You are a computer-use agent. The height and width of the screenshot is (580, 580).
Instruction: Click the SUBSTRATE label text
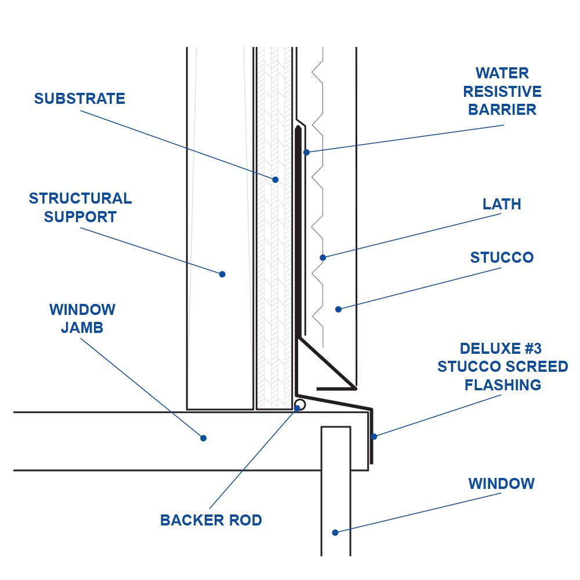(79, 99)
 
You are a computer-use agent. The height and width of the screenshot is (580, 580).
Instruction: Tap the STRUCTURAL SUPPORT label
(80, 208)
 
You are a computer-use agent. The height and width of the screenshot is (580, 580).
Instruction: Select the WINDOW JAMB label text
(82, 318)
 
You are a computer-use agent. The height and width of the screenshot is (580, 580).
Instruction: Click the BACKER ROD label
(211, 520)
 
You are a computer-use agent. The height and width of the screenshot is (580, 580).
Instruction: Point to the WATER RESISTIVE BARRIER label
(502, 92)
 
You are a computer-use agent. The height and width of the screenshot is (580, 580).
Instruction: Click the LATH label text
(502, 204)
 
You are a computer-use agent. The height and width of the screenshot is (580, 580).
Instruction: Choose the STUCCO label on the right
(502, 258)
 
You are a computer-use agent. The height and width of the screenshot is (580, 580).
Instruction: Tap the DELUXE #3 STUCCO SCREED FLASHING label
(502, 367)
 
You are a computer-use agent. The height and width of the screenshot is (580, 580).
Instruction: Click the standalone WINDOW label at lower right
(502, 484)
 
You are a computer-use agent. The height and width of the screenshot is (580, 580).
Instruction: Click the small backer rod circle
(300, 404)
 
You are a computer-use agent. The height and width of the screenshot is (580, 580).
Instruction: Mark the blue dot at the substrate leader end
(275, 180)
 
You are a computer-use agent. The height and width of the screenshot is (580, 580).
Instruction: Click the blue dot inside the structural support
(222, 274)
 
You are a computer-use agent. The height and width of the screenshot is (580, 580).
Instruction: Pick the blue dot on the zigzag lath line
(323, 258)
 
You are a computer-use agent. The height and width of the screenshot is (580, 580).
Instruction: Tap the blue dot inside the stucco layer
(338, 309)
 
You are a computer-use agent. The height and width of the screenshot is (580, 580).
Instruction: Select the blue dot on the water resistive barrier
(306, 152)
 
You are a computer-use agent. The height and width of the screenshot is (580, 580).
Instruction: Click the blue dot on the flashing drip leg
(374, 436)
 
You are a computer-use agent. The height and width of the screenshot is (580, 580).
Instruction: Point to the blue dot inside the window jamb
(204, 438)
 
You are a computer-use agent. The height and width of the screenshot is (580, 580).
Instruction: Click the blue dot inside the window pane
(335, 532)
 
